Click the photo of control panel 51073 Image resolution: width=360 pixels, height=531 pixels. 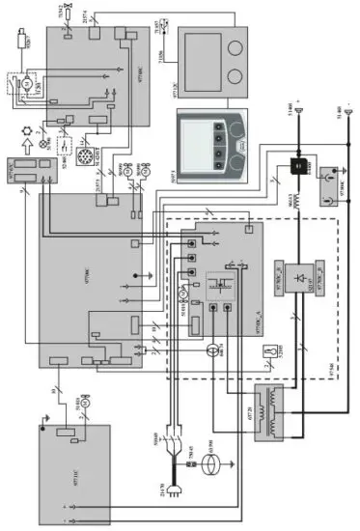pyautogui.click(x=213, y=140)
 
